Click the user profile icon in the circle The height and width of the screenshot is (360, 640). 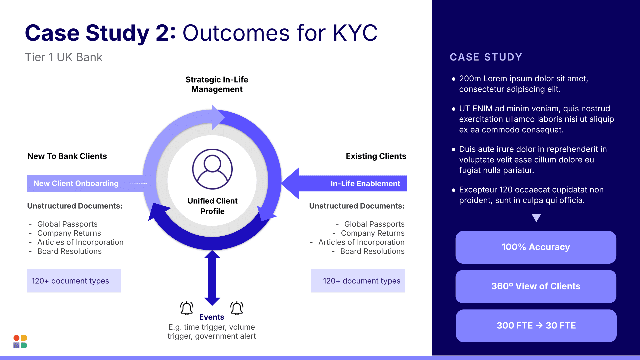coord(212,169)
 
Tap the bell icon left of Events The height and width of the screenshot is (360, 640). coord(187,308)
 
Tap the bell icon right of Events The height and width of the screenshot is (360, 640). coord(237,308)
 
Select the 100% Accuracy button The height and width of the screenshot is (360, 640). coord(536,247)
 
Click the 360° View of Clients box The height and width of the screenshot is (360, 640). coord(536,286)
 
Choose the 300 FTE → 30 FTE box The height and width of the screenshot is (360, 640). coord(536,326)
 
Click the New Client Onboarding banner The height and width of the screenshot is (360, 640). coord(76,183)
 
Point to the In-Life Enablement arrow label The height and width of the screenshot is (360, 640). coord(365,184)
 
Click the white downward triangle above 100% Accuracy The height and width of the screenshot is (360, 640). coord(536,217)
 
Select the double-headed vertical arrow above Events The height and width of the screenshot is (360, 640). coord(212,278)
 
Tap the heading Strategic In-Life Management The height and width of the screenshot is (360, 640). coord(217,84)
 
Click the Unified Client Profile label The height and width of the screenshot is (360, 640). coord(212,206)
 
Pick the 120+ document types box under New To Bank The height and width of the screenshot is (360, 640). coord(74,281)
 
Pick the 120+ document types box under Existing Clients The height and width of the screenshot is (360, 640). coord(358,281)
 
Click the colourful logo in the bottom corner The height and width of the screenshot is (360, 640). coord(20,342)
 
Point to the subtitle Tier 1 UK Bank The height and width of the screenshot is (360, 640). coord(64,57)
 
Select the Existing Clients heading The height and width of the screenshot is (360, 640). coord(376,156)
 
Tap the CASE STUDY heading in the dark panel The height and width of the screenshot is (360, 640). coord(486,57)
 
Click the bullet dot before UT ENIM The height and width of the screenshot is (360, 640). coord(453,109)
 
